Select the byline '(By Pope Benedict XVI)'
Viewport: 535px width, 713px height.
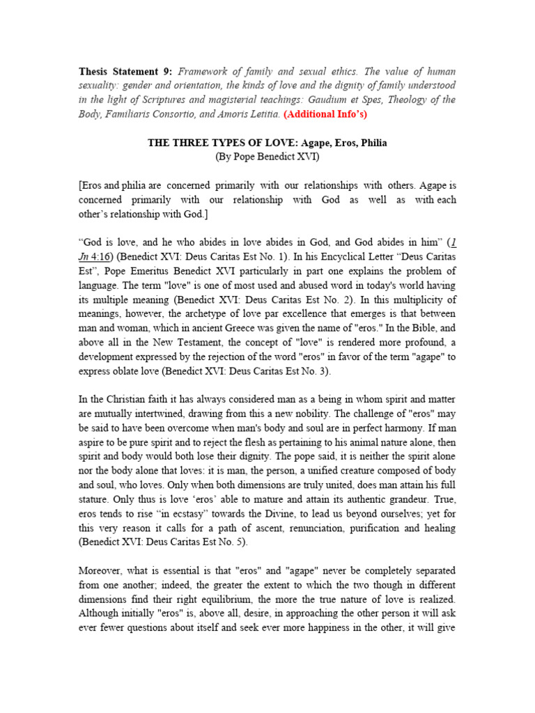tap(267, 157)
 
